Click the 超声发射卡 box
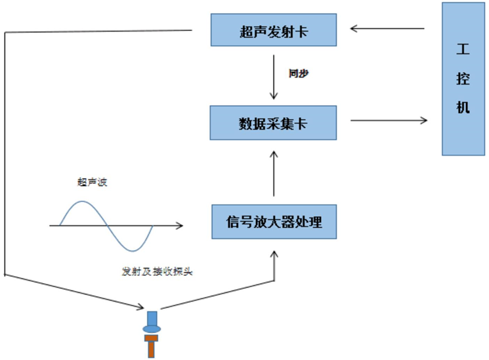(x=274, y=30)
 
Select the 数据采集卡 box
(x=274, y=122)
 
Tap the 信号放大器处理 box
(x=274, y=221)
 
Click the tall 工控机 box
(x=463, y=78)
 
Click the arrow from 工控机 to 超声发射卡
(x=388, y=28)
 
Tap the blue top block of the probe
(x=152, y=319)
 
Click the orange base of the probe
(x=152, y=346)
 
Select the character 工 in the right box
(x=463, y=51)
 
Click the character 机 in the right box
(x=463, y=107)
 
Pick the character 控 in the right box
(x=463, y=79)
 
